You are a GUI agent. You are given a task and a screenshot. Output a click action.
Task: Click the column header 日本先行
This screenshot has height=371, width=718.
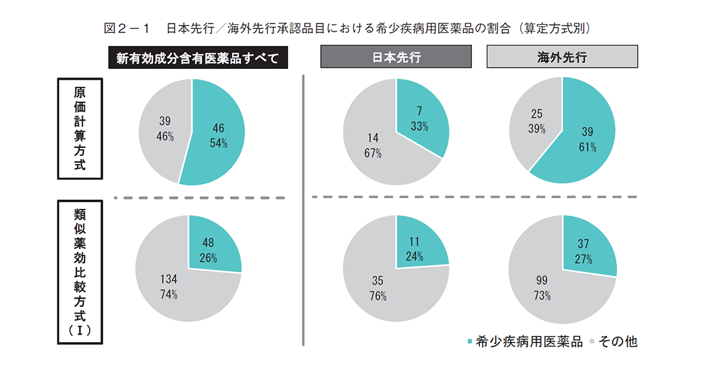click(x=396, y=57)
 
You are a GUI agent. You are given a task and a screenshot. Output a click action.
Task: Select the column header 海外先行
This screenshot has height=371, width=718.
click(x=562, y=57)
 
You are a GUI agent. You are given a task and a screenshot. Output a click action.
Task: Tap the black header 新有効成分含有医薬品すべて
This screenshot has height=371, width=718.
click(x=198, y=58)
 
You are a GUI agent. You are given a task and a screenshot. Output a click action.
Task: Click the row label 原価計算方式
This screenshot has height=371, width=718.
click(x=80, y=129)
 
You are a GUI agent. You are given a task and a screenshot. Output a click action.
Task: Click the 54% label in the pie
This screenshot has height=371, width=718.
click(x=218, y=143)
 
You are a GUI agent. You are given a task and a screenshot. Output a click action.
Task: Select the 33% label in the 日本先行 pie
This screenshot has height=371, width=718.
click(x=420, y=127)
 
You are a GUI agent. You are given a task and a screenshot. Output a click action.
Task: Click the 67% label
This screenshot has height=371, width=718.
click(x=372, y=153)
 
